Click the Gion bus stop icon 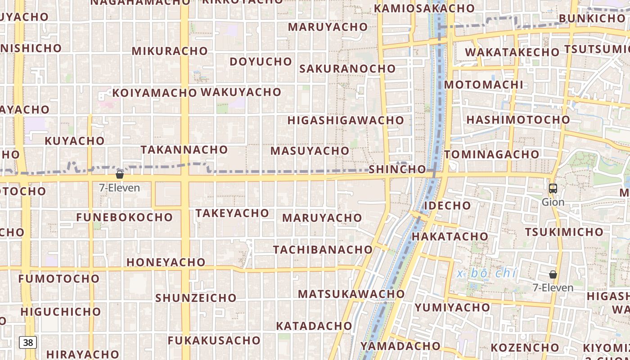click(x=553, y=189)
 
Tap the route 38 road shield click(x=28, y=342)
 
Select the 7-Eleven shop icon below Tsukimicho click(x=553, y=274)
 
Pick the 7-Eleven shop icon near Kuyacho click(x=120, y=175)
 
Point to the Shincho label click(x=397, y=169)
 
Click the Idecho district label click(x=447, y=206)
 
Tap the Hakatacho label click(x=450, y=236)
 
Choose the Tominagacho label click(x=491, y=154)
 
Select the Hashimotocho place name click(x=518, y=120)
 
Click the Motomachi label click(x=484, y=85)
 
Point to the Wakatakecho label click(x=512, y=52)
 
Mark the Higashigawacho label click(x=346, y=120)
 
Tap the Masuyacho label click(x=310, y=151)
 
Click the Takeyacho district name click(x=232, y=213)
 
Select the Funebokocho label click(x=124, y=217)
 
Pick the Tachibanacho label click(x=323, y=249)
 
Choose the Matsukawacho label click(x=351, y=294)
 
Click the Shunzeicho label click(x=196, y=298)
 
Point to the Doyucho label click(x=261, y=61)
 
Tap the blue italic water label click(x=486, y=273)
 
